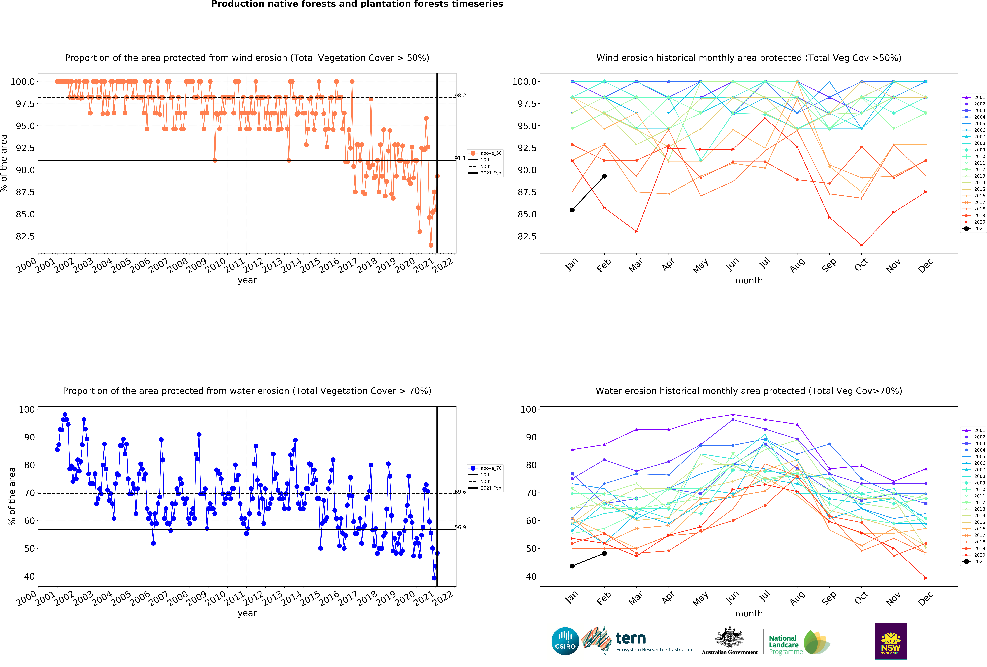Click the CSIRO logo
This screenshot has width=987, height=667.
tap(565, 641)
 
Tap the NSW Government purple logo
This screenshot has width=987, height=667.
tap(891, 641)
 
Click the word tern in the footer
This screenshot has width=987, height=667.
tap(631, 638)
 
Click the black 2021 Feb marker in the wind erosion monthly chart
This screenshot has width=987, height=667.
tap(604, 176)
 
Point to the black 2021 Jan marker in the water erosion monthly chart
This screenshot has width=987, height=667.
tap(572, 566)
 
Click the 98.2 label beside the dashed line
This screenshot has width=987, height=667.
tap(460, 96)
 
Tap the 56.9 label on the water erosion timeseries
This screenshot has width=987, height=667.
tap(460, 527)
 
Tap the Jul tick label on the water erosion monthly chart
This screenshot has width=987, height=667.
tap(764, 597)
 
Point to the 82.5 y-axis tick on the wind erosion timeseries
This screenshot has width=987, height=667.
tap(25, 236)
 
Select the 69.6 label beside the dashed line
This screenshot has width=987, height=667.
tap(460, 492)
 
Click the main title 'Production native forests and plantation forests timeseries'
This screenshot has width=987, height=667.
tap(357, 4)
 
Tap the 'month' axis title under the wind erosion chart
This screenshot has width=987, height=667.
tap(749, 281)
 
